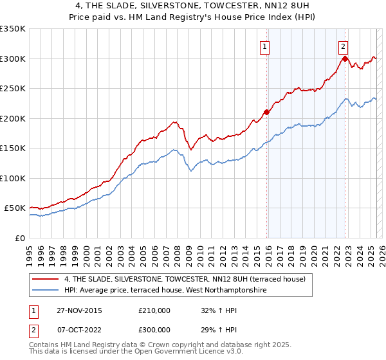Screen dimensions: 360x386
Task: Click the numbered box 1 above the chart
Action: point(265,46)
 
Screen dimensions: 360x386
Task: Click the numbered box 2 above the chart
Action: point(344,46)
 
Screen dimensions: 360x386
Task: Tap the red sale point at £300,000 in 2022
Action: point(345,59)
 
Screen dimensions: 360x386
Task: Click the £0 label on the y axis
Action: point(19,238)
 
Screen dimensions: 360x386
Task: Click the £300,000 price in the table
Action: point(154,329)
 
